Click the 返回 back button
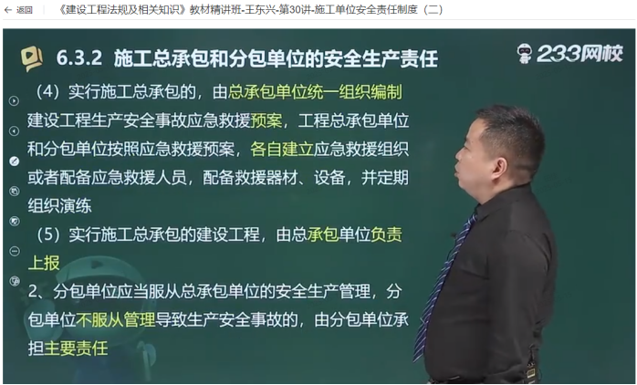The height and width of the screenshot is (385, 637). click(18, 10)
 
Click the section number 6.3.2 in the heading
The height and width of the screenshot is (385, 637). click(79, 58)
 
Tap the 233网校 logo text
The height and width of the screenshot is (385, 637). click(580, 54)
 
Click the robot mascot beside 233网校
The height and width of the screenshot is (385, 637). click(525, 54)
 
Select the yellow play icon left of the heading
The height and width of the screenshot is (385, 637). click(32, 59)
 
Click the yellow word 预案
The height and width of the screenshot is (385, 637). click(266, 120)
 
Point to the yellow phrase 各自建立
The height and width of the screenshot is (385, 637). click(281, 149)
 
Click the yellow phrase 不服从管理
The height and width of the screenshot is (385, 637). click(115, 320)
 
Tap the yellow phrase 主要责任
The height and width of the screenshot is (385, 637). click(76, 349)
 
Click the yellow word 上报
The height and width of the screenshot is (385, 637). click(44, 263)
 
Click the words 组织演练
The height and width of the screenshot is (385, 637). click(59, 206)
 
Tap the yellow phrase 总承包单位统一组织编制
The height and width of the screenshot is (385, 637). click(315, 92)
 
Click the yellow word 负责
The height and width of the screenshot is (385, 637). click(386, 234)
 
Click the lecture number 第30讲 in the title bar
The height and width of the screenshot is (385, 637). click(296, 10)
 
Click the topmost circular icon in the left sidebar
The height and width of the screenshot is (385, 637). click(14, 100)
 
